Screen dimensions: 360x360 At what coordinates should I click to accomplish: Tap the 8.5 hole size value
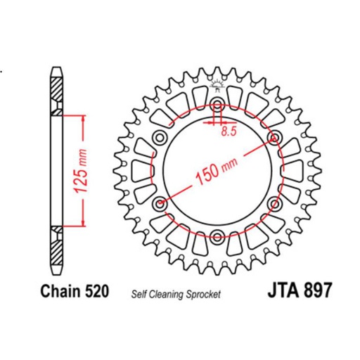(x=227, y=131)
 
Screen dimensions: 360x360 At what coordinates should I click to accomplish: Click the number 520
(x=96, y=289)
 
